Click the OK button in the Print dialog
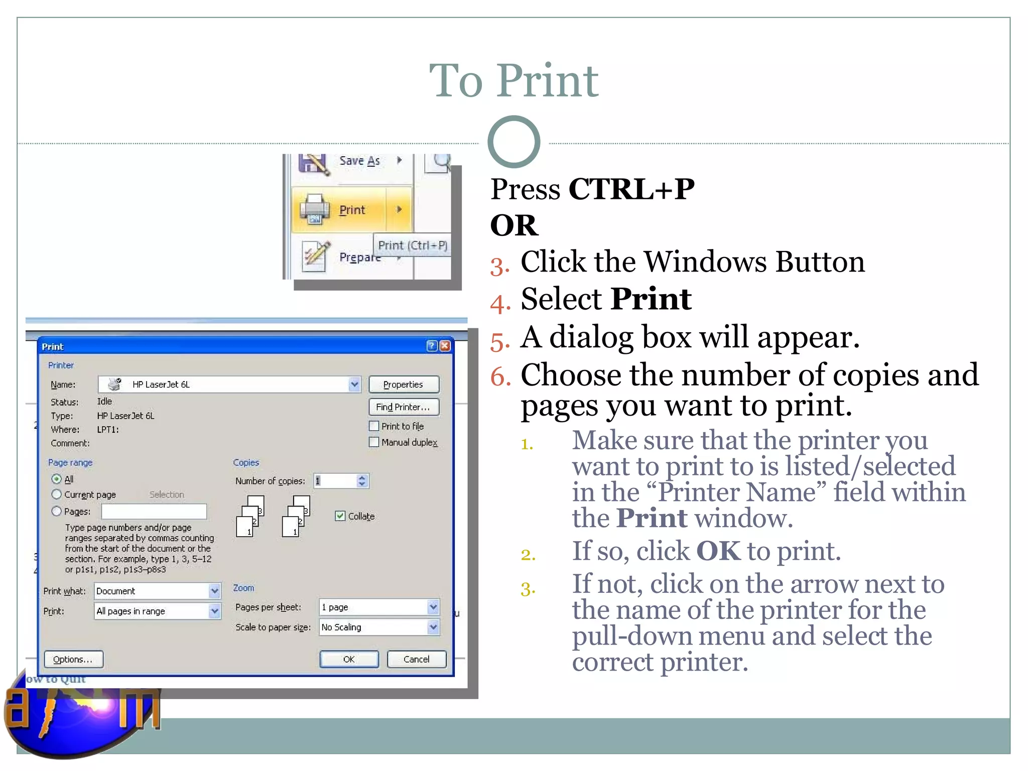click(349, 659)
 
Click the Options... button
click(73, 659)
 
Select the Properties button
click(404, 384)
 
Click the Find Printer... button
click(404, 407)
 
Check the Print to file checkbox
click(374, 426)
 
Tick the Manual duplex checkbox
click(374, 442)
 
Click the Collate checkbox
click(340, 516)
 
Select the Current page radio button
click(57, 494)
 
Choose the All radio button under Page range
click(57, 479)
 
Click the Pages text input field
click(154, 511)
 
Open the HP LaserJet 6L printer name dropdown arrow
click(354, 384)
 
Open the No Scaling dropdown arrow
click(433, 627)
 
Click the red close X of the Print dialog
click(445, 346)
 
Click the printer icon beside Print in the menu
click(314, 209)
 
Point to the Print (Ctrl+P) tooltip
click(412, 245)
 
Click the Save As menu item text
click(359, 161)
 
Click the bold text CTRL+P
click(631, 189)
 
